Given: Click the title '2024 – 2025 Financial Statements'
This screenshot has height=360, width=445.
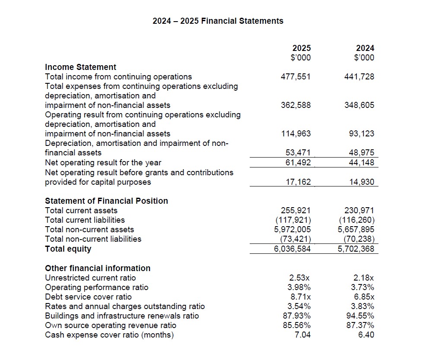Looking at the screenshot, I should click(x=218, y=21).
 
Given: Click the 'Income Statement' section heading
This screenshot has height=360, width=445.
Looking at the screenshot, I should click(x=80, y=67).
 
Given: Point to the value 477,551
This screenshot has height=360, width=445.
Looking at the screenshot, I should click(x=296, y=77).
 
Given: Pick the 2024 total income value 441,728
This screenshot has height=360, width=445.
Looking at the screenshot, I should click(x=359, y=77).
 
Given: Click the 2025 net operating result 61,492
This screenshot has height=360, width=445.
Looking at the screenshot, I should click(x=298, y=162).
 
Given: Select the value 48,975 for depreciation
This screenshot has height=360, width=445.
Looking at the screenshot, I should click(x=362, y=153).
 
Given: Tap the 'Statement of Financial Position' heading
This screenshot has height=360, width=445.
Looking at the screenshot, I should click(x=106, y=201).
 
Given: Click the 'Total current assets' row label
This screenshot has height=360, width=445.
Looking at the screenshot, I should click(x=81, y=210).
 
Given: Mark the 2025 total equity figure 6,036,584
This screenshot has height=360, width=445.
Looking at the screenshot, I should click(x=292, y=249).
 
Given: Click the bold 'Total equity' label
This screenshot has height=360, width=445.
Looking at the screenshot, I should click(x=68, y=249).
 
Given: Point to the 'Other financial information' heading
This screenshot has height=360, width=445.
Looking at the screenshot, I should click(x=98, y=268).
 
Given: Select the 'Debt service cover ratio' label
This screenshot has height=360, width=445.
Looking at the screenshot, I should click(x=88, y=297).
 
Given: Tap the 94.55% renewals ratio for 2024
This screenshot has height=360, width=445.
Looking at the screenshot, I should click(x=361, y=316).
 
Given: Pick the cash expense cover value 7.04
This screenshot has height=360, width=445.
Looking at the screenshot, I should click(x=302, y=335).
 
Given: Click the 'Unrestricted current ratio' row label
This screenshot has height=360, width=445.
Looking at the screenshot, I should click(x=90, y=278).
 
